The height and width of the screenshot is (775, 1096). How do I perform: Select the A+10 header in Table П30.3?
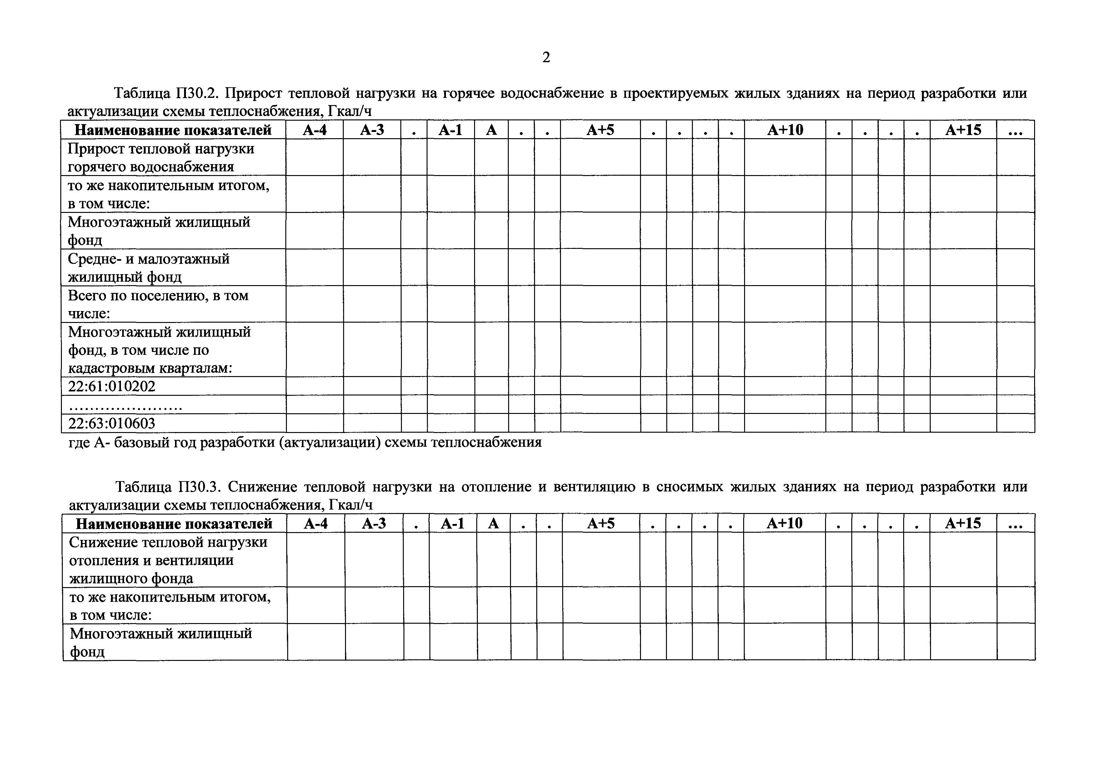784,523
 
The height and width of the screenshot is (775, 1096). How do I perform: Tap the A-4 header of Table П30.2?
315,130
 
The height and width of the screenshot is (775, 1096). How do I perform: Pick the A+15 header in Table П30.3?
963,523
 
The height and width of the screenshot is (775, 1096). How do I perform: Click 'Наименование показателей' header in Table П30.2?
173,130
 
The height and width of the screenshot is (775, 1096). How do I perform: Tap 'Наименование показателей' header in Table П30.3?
174,524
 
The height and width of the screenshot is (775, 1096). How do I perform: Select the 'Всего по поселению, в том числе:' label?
158,304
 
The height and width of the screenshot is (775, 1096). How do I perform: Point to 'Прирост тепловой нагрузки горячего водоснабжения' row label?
161,158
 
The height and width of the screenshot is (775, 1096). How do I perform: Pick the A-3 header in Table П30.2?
372,130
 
